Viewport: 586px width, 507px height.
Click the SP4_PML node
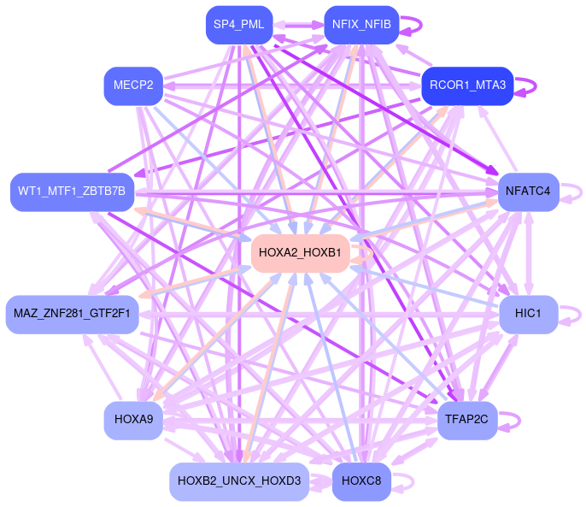pos(238,25)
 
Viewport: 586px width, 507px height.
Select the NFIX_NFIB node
pos(361,25)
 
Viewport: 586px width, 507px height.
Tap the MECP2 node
pos(133,85)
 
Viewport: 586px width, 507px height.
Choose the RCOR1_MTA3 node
pos(467,85)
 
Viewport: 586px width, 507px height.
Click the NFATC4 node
pos(528,191)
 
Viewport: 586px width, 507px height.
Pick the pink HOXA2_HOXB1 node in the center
pos(300,253)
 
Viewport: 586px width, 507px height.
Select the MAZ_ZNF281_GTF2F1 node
pos(72,314)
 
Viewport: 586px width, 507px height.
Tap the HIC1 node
pos(528,314)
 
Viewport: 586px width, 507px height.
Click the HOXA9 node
pos(133,419)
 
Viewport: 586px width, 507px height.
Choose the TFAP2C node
pos(467,419)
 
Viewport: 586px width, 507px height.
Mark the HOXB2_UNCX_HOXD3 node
pos(239,481)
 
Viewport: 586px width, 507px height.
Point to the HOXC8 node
pos(361,481)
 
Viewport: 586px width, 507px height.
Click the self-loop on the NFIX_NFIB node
pos(411,25)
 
